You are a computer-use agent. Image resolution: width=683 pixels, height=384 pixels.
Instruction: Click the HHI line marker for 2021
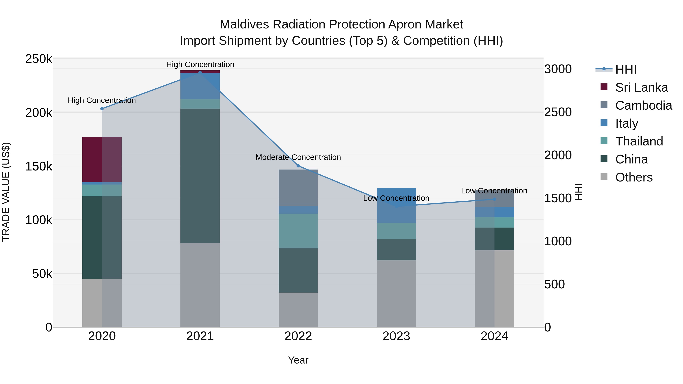200,72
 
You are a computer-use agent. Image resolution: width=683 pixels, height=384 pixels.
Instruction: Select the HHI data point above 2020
102,109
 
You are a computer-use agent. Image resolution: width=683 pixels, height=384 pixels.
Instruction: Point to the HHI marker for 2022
298,166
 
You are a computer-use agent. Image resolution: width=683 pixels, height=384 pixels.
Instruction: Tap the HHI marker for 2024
494,199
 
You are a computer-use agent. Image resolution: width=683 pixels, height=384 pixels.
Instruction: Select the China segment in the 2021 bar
200,176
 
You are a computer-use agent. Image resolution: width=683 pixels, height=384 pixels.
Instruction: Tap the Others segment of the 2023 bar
396,293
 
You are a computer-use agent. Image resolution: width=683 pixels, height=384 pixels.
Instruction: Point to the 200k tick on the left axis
39,113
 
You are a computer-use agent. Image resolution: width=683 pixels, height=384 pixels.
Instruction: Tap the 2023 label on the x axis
396,336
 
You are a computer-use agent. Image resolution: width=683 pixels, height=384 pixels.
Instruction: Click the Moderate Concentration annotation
298,157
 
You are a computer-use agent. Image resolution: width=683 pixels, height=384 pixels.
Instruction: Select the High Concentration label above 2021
200,64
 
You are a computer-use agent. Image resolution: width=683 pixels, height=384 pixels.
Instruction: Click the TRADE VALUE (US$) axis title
6,192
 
